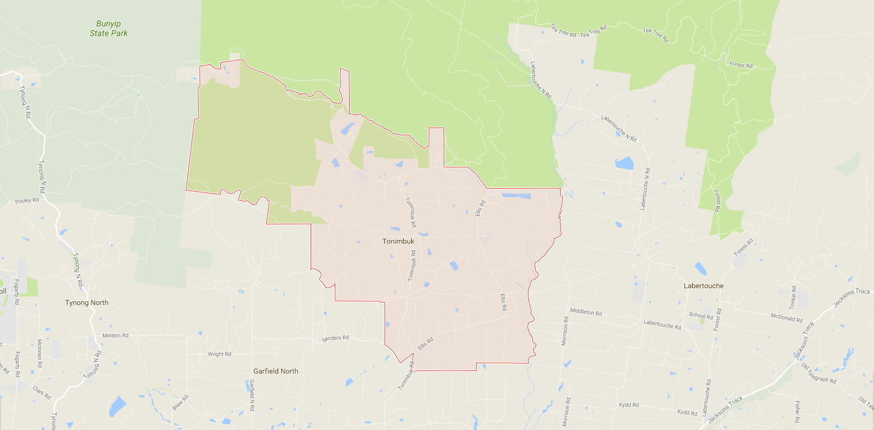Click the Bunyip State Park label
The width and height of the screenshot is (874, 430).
pos(108,28)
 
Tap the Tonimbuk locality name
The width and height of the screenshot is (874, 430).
pos(398,241)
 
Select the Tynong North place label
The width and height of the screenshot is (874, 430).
pos(87,303)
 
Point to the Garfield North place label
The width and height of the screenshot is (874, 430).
pos(275,371)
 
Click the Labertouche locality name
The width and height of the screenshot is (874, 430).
pos(704,286)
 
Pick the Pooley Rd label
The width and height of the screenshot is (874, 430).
pos(27,200)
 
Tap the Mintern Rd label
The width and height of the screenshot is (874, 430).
pos(116,336)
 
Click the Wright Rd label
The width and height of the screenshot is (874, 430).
pos(219,354)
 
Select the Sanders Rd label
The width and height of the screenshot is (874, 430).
pos(335,338)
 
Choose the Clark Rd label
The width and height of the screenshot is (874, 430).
pos(43,393)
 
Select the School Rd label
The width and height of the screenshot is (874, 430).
pos(701,315)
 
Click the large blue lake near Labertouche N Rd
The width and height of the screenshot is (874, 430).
pos(624,164)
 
